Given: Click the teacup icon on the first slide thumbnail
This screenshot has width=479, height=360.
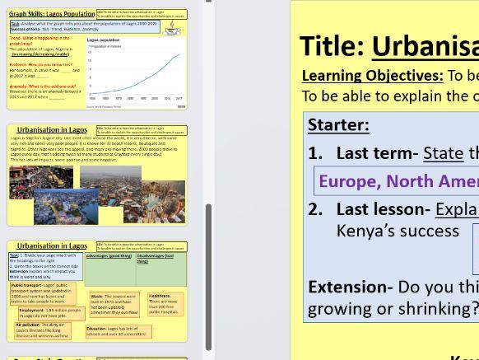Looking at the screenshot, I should tap(172, 27).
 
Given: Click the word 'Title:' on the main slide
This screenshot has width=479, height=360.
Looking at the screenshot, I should tap(332, 46).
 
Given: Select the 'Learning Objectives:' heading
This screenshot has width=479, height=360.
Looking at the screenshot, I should tap(372, 76).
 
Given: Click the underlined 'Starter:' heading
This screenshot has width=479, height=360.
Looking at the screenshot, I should tap(338, 125).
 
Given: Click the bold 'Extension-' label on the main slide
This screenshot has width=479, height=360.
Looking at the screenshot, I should tap(350, 287).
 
